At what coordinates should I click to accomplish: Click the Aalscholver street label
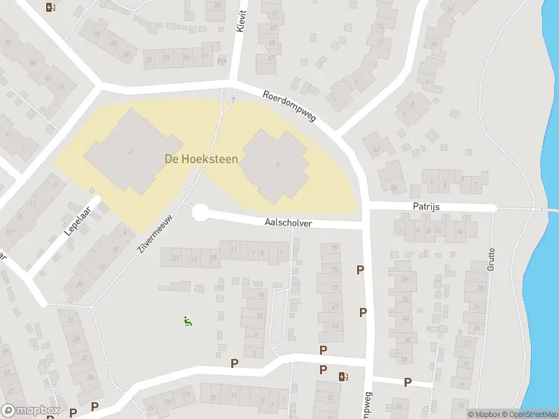[288, 223]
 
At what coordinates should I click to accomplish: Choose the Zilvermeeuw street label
[152, 233]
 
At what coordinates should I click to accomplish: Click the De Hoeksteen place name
[201, 159]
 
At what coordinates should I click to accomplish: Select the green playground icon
[187, 321]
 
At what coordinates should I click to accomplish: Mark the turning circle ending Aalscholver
[200, 212]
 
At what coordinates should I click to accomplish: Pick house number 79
[334, 249]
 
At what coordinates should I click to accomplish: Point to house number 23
[175, 259]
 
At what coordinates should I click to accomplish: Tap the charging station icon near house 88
[50, 8]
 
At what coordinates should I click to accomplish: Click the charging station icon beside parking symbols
[343, 377]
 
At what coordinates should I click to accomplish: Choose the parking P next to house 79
[361, 270]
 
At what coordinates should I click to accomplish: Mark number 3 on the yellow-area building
[278, 165]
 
